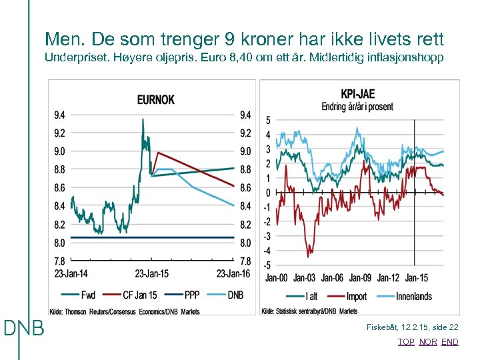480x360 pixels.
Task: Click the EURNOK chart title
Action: pyautogui.click(x=155, y=100)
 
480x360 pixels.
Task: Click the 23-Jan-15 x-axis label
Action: pyautogui.click(x=153, y=273)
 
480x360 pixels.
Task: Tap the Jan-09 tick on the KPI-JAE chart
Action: pyautogui.click(x=360, y=277)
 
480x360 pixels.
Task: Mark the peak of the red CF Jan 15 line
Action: pyautogui.click(x=157, y=153)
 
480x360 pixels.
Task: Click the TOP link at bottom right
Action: pyautogui.click(x=405, y=342)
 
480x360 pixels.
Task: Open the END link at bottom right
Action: pyautogui.click(x=450, y=342)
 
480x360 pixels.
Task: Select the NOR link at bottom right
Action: pyautogui.click(x=428, y=342)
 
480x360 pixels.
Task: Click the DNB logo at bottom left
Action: pyautogui.click(x=24, y=328)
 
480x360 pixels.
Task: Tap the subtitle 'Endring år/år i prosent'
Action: pyautogui.click(x=357, y=107)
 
